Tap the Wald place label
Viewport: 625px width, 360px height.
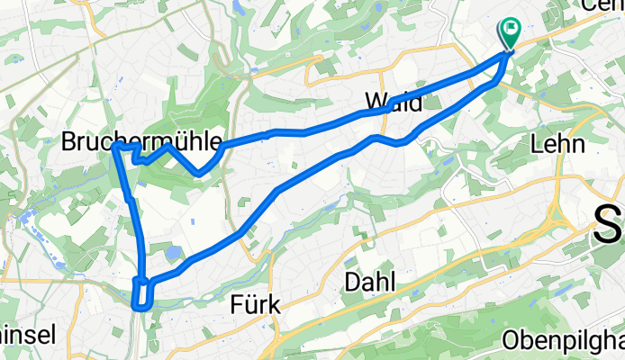click(x=394, y=103)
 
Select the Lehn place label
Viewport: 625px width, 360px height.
click(x=558, y=143)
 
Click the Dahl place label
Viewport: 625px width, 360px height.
click(x=369, y=283)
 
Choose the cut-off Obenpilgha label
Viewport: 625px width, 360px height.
click(x=564, y=343)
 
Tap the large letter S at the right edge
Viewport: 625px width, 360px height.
click(x=610, y=224)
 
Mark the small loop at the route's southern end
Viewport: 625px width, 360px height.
click(x=142, y=294)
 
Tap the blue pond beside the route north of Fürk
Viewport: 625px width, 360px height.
click(x=173, y=254)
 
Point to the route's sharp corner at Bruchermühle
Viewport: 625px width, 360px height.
click(x=116, y=146)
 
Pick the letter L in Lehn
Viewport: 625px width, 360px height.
click(x=539, y=143)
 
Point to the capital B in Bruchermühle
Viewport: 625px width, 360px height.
click(x=68, y=141)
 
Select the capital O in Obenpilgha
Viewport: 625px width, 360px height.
click(x=510, y=343)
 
